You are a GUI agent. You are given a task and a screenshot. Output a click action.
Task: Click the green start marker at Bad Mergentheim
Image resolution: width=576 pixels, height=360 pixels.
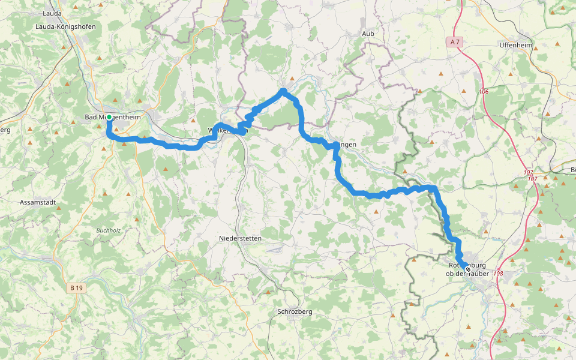tap(109, 117)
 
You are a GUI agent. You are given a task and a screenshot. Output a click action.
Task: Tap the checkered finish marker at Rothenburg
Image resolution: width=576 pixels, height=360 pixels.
tap(467, 269)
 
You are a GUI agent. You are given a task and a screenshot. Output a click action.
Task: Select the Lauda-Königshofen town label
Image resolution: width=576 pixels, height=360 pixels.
tap(65, 26)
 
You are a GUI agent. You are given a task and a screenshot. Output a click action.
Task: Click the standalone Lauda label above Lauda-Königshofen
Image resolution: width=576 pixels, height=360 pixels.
tap(53, 13)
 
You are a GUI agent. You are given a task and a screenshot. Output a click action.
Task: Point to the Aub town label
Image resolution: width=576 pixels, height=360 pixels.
tap(368, 34)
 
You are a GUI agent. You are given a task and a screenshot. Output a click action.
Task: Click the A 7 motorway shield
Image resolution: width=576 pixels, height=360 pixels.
tap(456, 41)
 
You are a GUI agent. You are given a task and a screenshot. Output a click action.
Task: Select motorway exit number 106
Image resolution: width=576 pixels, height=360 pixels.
tap(484, 91)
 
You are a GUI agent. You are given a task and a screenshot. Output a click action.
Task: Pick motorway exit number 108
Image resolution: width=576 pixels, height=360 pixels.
tap(497, 274)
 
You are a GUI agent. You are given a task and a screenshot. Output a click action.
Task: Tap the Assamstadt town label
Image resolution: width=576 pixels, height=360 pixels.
tap(38, 202)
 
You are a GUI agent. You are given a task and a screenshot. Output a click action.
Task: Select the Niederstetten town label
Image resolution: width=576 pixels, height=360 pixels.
tap(240, 238)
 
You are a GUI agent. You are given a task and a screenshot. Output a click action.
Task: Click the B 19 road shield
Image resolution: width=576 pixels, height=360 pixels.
tap(77, 288)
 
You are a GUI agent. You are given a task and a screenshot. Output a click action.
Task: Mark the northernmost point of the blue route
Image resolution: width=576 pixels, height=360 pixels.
tap(282, 91)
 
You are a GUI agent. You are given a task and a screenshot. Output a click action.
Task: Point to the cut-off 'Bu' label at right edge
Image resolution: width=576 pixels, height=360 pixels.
tap(571, 169)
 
